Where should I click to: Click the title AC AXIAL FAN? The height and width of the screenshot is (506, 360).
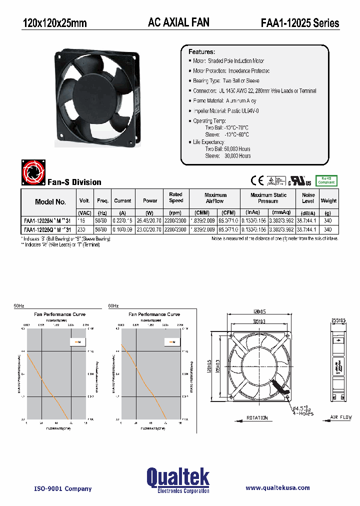coord(178,22)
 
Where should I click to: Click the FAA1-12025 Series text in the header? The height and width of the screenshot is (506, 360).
coord(299,23)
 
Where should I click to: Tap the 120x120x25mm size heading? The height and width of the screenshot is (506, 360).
coord(54,23)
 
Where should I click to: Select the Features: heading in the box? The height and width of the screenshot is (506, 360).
coord(201,52)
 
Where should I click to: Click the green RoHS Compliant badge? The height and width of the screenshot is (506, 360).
coord(326,180)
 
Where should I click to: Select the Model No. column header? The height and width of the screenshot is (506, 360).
coord(50,202)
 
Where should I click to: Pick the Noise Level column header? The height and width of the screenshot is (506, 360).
coord(308,198)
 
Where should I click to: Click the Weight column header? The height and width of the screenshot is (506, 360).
coord(328,201)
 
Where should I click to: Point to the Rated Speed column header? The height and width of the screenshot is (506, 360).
coord(175,197)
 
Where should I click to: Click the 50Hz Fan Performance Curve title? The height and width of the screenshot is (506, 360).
coord(59,314)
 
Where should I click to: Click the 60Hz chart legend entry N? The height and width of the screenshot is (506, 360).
coord(171,342)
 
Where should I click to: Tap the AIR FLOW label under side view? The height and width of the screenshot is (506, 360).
coord(341,416)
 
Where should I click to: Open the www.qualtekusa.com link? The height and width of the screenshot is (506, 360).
coord(277,487)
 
